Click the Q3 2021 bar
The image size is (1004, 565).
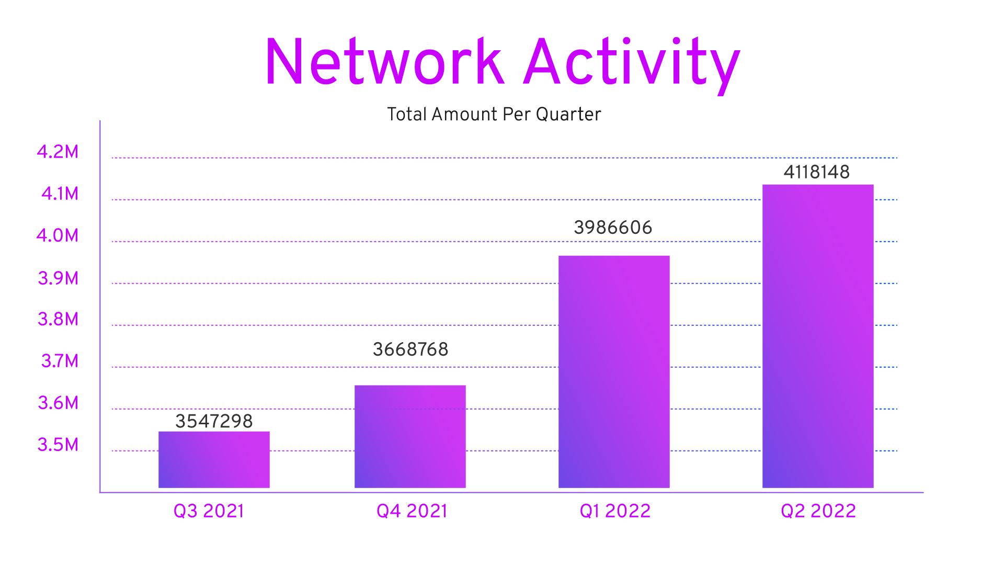(x=214, y=460)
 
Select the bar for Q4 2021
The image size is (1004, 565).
(x=410, y=437)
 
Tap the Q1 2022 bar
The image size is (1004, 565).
(x=614, y=372)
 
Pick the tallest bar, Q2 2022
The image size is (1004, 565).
(x=818, y=336)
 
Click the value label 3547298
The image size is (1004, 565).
(x=214, y=421)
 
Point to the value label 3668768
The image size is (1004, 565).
(x=410, y=349)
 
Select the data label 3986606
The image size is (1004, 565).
(x=613, y=228)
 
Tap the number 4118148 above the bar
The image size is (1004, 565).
(x=816, y=172)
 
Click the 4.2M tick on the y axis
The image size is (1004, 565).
(x=58, y=152)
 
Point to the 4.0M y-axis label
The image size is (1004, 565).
(x=58, y=235)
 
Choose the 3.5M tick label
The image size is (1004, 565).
(x=58, y=445)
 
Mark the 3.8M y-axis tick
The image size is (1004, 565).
(x=58, y=319)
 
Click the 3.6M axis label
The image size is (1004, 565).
(x=58, y=403)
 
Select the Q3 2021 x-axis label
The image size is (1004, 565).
(x=209, y=511)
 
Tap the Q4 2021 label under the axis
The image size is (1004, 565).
(x=412, y=511)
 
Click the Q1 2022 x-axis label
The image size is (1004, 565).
(x=615, y=511)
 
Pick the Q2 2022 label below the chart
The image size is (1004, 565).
(x=818, y=511)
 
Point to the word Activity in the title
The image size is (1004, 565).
(x=632, y=65)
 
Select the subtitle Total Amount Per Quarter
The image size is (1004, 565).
(x=494, y=115)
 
